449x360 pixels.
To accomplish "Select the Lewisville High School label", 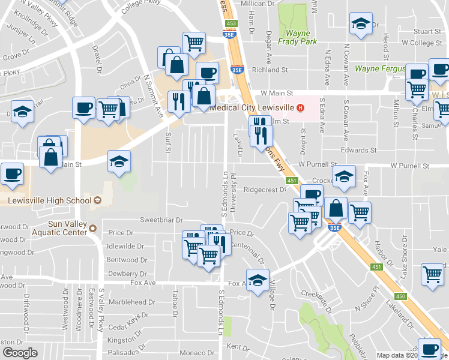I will tap(50, 200).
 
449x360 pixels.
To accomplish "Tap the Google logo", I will tap(20, 352).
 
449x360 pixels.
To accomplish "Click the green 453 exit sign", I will tap(232, 23).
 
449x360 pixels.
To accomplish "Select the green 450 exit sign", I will tap(400, 296).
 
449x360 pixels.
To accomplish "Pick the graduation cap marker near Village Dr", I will tap(258, 280).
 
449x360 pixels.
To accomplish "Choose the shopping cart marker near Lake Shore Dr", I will tap(432, 273).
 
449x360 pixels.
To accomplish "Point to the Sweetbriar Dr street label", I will tap(161, 220).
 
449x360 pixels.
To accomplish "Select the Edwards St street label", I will tap(358, 150).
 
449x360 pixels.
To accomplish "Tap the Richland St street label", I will tap(270, 70).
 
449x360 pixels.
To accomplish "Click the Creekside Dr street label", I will tap(316, 298).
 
